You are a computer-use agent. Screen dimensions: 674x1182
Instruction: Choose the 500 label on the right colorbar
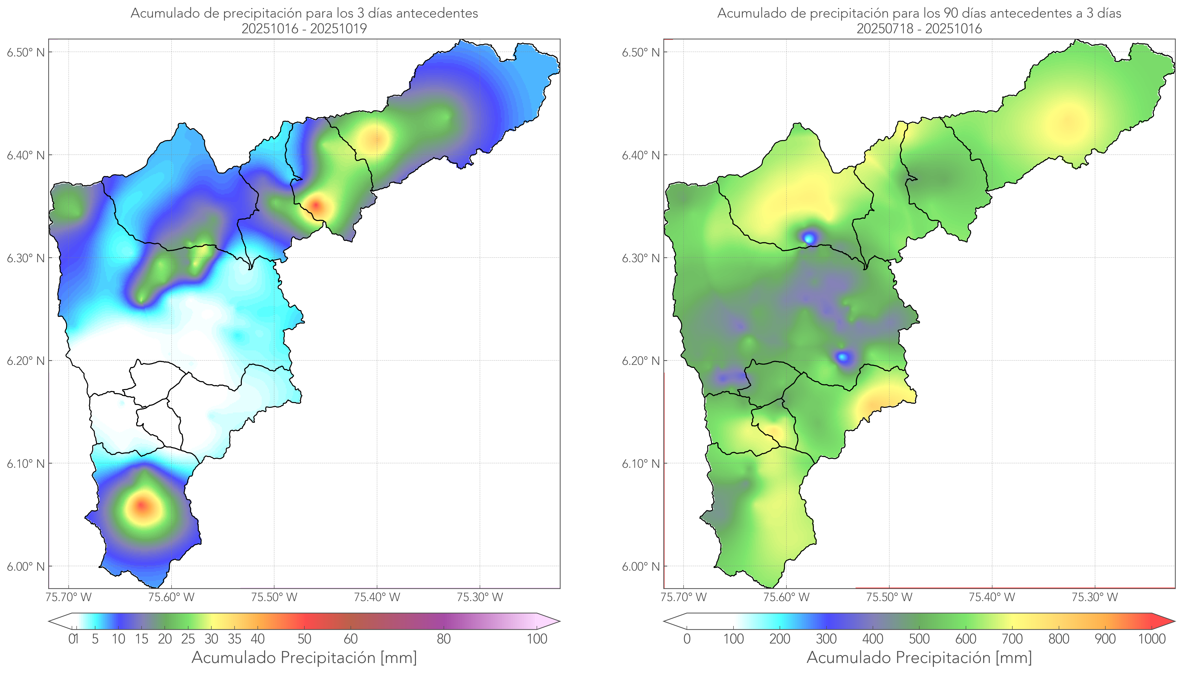click(x=919, y=639)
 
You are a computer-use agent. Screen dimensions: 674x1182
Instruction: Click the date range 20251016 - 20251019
click(x=304, y=29)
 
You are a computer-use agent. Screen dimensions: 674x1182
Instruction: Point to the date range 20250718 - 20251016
click(x=919, y=29)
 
